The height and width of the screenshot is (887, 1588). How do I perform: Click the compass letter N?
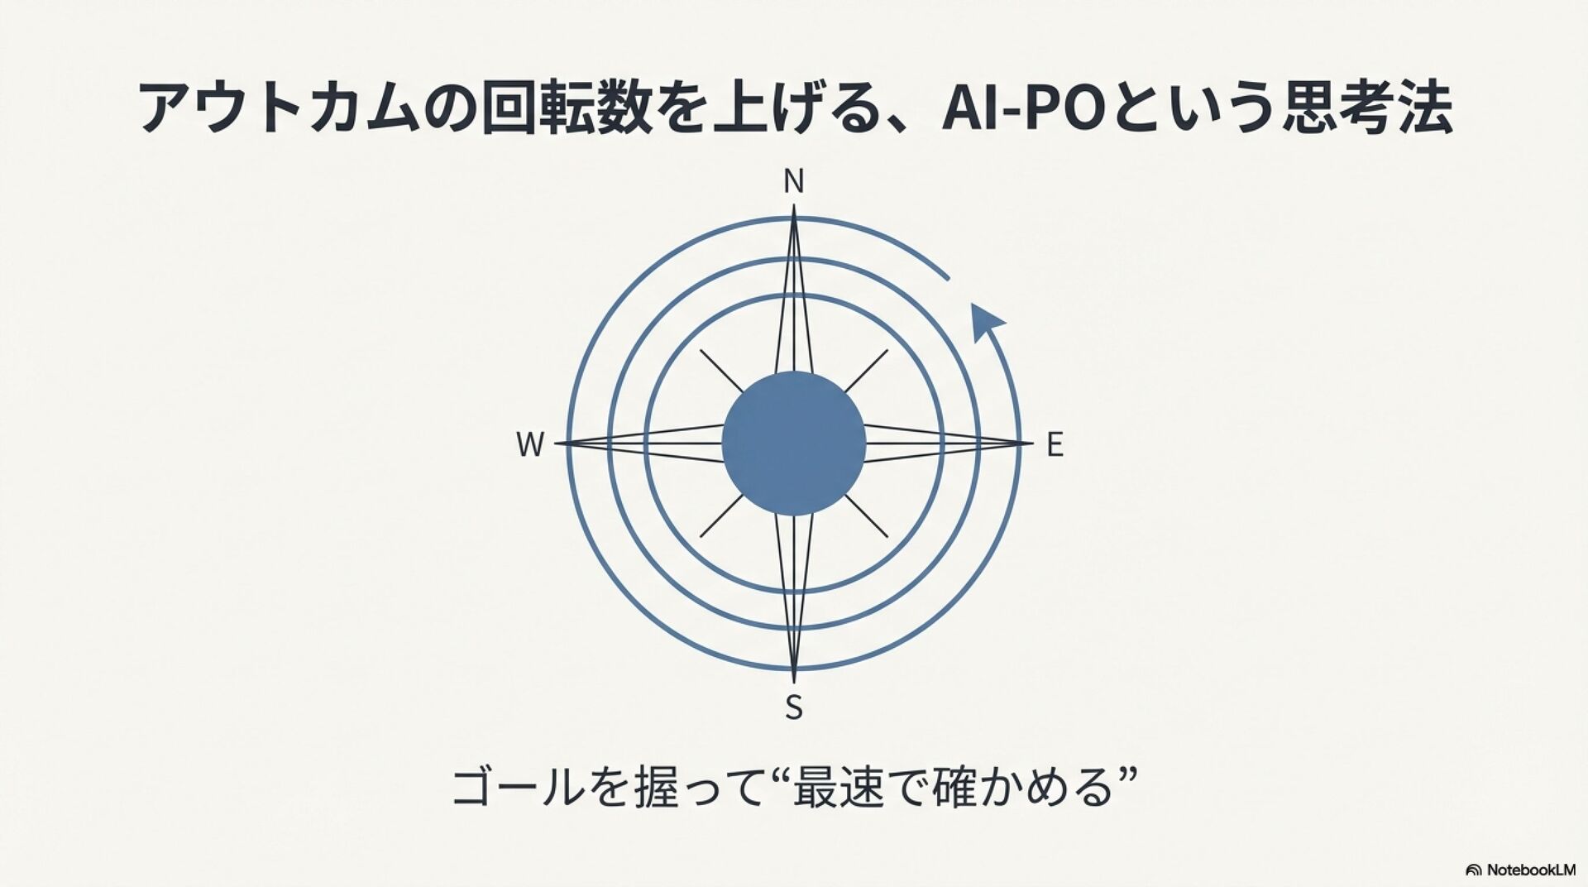click(x=793, y=181)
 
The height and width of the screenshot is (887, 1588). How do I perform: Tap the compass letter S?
click(x=793, y=708)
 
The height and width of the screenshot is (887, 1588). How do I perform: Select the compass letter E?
click(x=1054, y=445)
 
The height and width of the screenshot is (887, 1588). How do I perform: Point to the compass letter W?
click(x=530, y=445)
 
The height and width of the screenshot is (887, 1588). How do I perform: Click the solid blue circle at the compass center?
click(x=793, y=443)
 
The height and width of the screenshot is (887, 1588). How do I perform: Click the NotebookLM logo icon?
click(x=1473, y=870)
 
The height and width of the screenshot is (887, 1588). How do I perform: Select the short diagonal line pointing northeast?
click(x=865, y=372)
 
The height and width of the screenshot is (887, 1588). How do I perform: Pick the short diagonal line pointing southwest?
click(x=722, y=515)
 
